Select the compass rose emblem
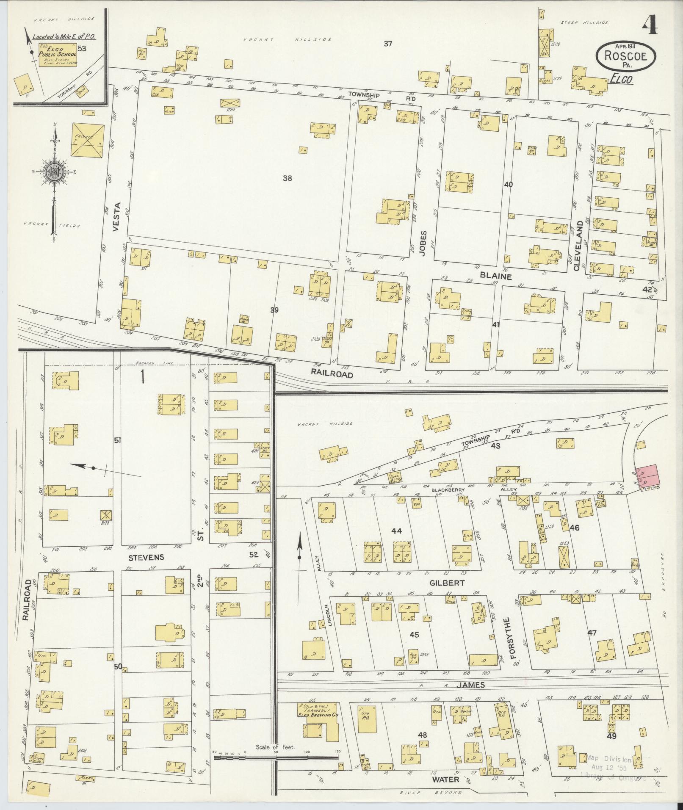[55, 171]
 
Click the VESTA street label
[117, 217]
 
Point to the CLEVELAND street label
[578, 246]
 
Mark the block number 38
[287, 178]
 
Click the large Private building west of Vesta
[88, 141]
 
